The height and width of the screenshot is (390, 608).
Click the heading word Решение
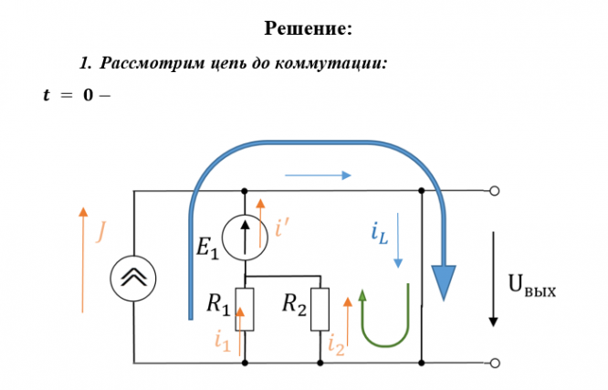309,28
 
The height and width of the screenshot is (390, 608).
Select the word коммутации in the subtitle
331,63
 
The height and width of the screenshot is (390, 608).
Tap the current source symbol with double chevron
133,279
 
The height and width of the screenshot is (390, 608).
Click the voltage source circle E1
245,237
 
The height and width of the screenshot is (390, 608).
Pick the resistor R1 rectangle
245,310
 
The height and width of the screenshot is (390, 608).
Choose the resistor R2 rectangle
320,310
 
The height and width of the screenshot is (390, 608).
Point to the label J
100,232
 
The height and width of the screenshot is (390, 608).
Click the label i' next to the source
282,227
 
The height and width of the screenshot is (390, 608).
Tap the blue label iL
380,233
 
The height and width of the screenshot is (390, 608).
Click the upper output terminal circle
495,191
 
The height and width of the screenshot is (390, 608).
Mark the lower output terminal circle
495,364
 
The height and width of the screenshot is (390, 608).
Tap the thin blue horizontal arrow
318,175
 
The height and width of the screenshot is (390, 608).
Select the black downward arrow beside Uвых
493,279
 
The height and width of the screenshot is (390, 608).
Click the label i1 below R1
223,342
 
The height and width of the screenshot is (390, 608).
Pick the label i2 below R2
336,346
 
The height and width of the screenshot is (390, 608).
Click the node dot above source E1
245,191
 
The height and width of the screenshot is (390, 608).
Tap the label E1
207,248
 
